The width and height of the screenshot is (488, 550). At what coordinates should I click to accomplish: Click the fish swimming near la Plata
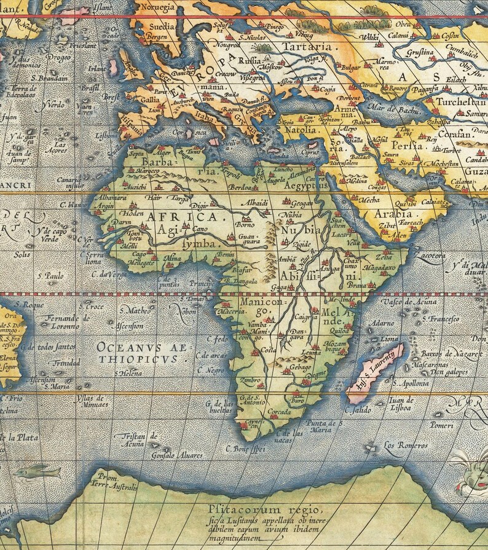(39, 472)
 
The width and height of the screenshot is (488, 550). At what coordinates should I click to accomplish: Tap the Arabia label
(393, 214)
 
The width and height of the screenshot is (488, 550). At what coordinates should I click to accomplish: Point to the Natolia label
(299, 130)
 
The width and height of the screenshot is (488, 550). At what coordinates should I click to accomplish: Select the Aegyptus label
(298, 185)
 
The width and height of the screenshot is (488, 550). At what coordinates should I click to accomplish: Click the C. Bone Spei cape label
(246, 449)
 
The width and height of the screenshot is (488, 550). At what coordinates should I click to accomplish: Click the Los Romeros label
(405, 445)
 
